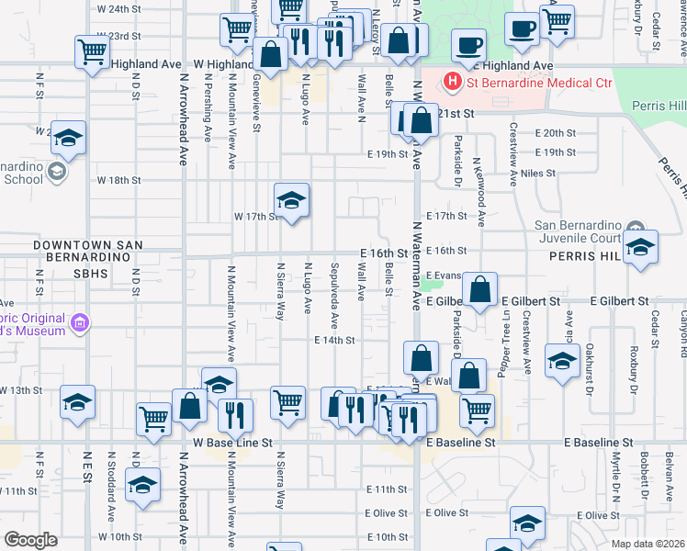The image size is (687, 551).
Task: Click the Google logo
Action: [30, 539]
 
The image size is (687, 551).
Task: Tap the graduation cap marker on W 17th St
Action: [291, 201]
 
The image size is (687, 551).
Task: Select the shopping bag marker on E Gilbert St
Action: [479, 290]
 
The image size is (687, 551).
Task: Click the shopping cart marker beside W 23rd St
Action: [92, 52]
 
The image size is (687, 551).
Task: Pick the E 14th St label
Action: [334, 340]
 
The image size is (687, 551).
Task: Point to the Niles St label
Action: [537, 173]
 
